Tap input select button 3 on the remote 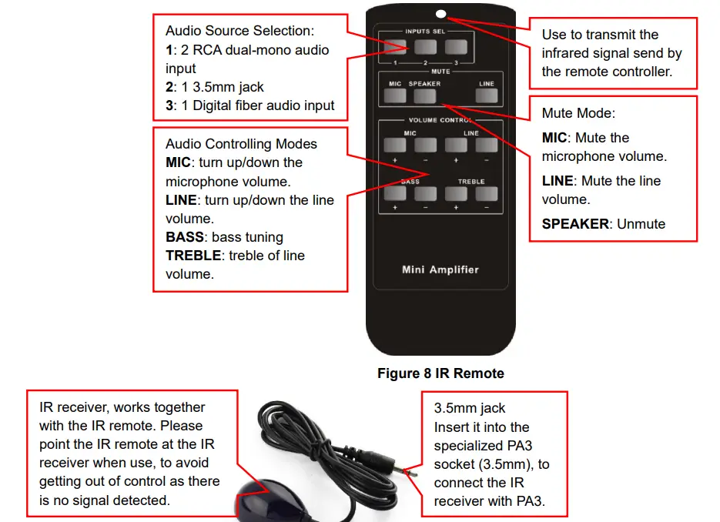coord(455,47)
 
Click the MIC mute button coord(395,96)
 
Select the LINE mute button coord(485,96)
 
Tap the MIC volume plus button coord(395,145)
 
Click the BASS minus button coord(425,194)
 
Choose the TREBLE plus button coord(456,194)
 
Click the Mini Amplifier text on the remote coord(440,269)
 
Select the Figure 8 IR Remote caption coord(440,373)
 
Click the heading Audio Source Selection coord(240,31)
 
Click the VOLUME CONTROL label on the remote coord(440,120)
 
